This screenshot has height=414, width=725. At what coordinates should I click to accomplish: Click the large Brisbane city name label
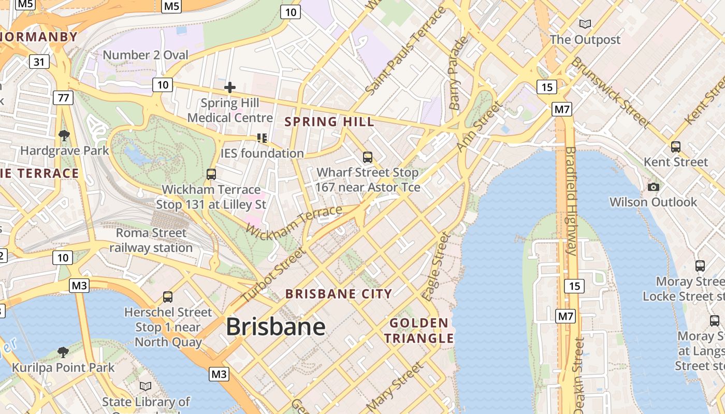(x=275, y=327)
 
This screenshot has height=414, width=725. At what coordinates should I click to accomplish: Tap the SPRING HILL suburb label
(x=329, y=122)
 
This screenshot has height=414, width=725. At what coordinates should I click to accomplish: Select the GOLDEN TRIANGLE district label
(x=419, y=331)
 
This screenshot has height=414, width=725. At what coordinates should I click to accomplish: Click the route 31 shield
(x=39, y=62)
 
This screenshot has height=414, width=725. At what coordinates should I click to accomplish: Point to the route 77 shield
(x=63, y=97)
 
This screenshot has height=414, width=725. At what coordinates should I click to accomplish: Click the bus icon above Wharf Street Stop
(x=368, y=157)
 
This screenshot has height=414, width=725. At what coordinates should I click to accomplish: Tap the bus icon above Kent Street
(x=676, y=146)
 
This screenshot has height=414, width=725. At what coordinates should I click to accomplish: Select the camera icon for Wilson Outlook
(x=654, y=187)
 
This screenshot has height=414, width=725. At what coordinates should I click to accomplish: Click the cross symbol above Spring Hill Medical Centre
(x=230, y=87)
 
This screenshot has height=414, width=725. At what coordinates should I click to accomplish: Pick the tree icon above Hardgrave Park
(x=64, y=136)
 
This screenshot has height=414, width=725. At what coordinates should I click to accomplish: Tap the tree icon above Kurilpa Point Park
(x=63, y=352)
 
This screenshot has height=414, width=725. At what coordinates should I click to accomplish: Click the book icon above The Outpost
(x=585, y=24)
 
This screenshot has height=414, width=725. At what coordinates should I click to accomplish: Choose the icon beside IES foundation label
(x=262, y=138)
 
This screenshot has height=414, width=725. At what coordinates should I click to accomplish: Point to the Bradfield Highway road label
(x=571, y=201)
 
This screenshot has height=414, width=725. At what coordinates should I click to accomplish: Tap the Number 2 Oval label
(x=146, y=55)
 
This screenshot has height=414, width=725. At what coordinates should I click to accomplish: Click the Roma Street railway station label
(x=151, y=241)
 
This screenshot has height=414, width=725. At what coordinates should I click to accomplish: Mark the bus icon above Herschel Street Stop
(x=168, y=297)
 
